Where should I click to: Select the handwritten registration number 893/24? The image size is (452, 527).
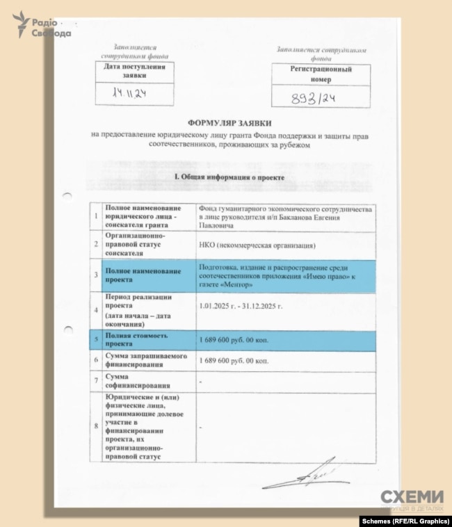(313, 98)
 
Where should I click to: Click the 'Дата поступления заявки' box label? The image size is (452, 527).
(134, 70)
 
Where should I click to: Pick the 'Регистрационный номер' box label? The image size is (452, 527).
(321, 74)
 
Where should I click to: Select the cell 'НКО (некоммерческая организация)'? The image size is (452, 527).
(257, 245)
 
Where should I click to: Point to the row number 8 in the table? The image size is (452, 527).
(97, 425)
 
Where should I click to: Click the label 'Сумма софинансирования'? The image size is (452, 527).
(135, 381)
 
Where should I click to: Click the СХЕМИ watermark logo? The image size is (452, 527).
(411, 498)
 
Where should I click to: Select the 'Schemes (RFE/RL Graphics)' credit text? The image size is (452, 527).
(403, 521)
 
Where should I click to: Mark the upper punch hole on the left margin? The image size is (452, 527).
(67, 196)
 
